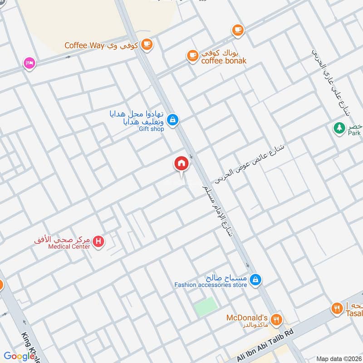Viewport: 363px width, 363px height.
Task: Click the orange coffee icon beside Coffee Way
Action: tap(147, 44)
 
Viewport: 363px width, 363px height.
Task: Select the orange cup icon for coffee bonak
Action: tap(192, 56)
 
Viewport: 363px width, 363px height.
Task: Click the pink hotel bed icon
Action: tap(29, 63)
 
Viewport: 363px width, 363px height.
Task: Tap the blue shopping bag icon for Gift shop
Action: tap(172, 120)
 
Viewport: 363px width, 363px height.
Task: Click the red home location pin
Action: tap(181, 164)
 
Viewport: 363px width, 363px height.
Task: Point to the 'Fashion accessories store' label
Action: tap(211, 285)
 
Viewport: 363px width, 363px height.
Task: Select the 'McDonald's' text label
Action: tap(248, 318)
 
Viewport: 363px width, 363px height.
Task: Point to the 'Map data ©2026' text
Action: tap(338, 358)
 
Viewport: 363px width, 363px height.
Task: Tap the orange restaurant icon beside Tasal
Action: tap(336, 308)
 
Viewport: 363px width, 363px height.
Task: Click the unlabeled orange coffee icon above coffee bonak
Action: tap(237, 30)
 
